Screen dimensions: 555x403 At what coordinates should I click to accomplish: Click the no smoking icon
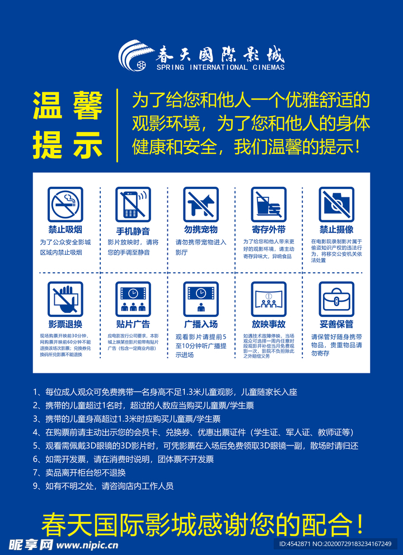pos(65,204)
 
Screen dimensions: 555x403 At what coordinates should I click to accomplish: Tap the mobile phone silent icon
pos(133,204)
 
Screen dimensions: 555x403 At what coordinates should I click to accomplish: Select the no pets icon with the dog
pos(201,204)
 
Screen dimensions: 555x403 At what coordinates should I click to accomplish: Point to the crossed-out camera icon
pos(336,204)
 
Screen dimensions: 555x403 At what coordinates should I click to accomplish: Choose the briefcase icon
pos(336,299)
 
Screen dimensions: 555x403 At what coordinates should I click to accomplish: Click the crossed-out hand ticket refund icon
pos(65,299)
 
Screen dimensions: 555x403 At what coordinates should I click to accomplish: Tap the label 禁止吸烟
pos(65,230)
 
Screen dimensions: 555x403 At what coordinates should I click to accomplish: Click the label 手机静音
pos(133,230)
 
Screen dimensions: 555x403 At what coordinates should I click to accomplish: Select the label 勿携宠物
pos(201,230)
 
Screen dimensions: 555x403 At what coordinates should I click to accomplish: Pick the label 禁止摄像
pos(336,230)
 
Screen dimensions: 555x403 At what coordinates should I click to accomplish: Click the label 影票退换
pos(65,324)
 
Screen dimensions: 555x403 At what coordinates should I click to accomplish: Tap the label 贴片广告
pos(133,324)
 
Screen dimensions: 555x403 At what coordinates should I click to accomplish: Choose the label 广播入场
pos(201,324)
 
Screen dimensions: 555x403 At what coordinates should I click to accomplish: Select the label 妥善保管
pos(336,324)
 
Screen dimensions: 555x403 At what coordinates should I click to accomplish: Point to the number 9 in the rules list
pos(36,486)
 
